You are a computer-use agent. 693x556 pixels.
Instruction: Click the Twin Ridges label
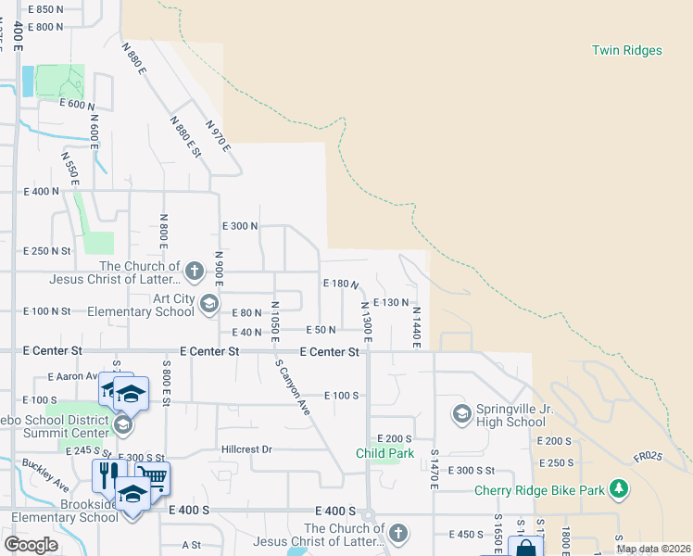click(627, 50)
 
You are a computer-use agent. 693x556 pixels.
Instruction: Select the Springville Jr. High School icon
click(460, 411)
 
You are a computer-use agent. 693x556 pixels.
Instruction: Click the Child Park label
click(384, 453)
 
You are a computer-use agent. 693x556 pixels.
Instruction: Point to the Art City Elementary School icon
click(209, 303)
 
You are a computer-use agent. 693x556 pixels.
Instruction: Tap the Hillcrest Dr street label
click(246, 449)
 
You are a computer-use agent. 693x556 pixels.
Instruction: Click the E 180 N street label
click(340, 283)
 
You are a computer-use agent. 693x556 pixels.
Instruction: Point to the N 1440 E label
click(417, 328)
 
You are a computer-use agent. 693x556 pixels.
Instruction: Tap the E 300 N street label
click(240, 225)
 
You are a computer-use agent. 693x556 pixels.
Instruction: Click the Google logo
click(31, 545)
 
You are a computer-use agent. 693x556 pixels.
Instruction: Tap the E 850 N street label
click(46, 8)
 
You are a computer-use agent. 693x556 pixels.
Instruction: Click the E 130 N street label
click(390, 302)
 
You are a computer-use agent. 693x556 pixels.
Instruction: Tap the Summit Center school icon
click(122, 424)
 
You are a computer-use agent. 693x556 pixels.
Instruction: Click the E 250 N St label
click(47, 250)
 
